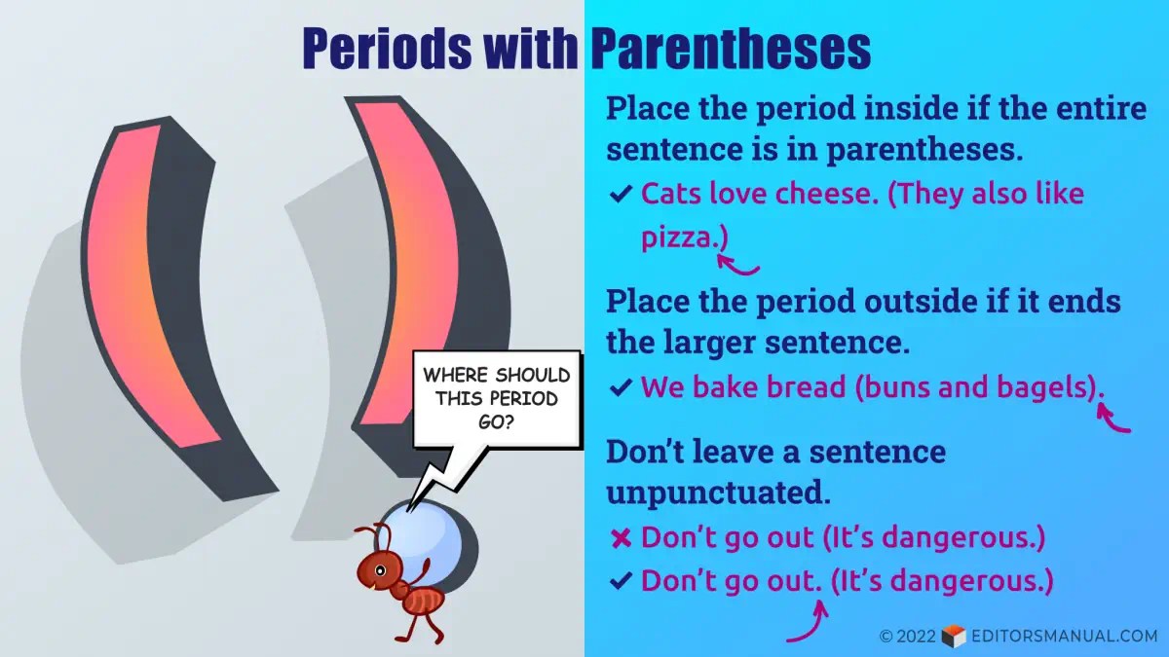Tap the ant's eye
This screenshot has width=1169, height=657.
click(380, 570)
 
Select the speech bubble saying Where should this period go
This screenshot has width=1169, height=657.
click(497, 399)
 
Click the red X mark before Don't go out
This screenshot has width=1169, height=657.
click(622, 538)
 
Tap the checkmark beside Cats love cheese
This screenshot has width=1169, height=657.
click(622, 194)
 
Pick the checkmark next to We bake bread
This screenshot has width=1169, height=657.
click(622, 387)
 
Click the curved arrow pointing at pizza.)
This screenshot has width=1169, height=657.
click(736, 267)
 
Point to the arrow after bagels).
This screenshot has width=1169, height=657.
click(1111, 420)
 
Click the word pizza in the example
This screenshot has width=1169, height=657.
click(676, 237)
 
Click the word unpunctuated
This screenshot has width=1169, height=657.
click(718, 492)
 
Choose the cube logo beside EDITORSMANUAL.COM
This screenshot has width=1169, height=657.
click(954, 637)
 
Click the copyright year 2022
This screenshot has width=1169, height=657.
click(917, 637)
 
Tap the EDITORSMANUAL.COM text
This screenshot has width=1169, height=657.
click(1065, 637)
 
